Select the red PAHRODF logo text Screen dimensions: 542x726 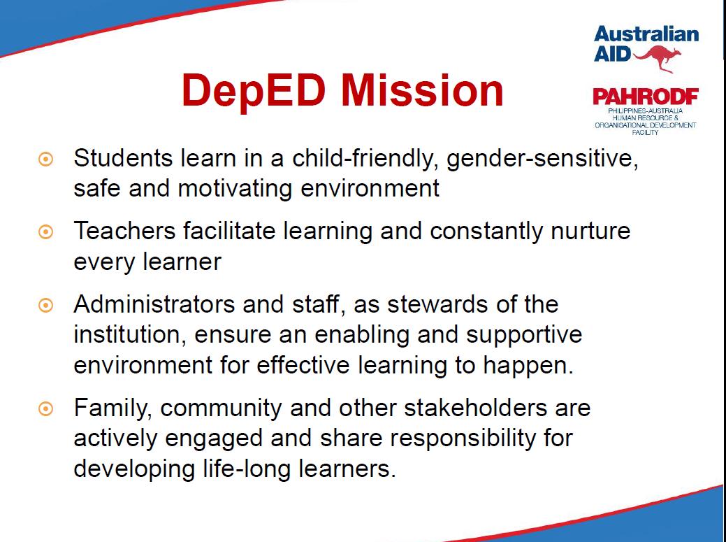tap(645, 97)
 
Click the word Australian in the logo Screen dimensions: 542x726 tap(646, 34)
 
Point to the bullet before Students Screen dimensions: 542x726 tap(45, 160)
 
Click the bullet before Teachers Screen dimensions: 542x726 tap(45, 232)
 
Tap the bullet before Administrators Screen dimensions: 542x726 tap(45, 305)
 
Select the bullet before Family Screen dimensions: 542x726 tap(45, 408)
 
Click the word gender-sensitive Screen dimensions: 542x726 tap(542, 158)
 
